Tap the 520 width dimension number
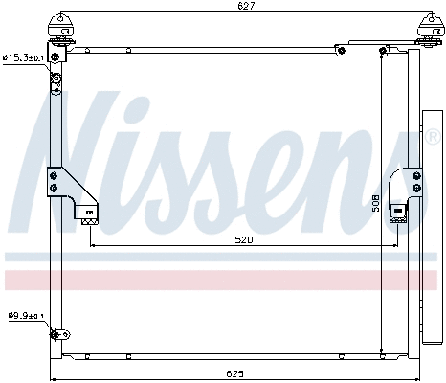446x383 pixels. point(243,240)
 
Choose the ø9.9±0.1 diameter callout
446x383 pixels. point(26,315)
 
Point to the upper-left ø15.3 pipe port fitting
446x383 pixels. point(56,61)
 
